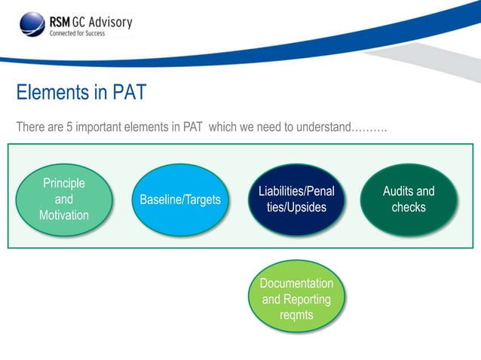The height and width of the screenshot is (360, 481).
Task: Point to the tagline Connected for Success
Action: [78, 33]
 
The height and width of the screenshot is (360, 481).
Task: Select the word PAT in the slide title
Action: [129, 93]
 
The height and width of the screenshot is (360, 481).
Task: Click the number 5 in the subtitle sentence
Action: [69, 127]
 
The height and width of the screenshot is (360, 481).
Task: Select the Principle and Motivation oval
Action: [64, 199]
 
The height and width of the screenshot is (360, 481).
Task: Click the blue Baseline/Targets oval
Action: [180, 200]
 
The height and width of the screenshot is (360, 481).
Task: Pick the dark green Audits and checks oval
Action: [409, 200]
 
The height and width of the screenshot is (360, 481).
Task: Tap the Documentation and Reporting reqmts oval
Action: [296, 299]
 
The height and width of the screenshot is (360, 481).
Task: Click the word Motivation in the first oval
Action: [64, 215]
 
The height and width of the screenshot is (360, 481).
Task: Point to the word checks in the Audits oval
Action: [409, 207]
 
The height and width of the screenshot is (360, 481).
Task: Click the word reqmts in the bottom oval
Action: [296, 315]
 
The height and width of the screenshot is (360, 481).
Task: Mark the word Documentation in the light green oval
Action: [296, 283]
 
